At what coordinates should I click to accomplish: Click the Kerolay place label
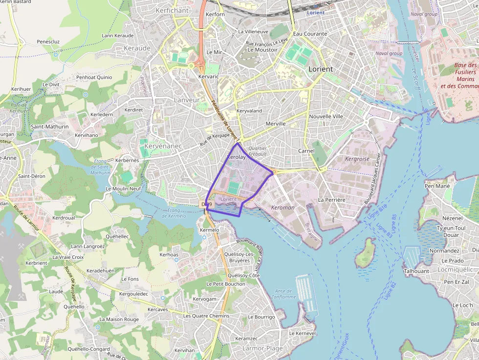coord(237,157)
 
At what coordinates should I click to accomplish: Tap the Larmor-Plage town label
coord(262,348)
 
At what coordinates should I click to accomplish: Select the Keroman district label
coord(283,208)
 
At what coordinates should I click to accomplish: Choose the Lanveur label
coord(187,100)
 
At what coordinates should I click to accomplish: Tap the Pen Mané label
coord(436,186)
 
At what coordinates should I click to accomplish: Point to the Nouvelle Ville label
coord(326,116)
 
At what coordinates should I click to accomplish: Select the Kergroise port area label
coord(357,159)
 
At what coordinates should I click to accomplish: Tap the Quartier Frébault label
coord(258,151)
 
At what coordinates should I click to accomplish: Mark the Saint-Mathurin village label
coord(50,127)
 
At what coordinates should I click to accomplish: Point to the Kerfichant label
coord(172,10)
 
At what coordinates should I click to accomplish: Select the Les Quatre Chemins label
coord(206,316)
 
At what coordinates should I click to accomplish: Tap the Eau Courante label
coord(310,34)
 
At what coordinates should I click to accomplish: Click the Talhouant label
coord(417,271)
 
